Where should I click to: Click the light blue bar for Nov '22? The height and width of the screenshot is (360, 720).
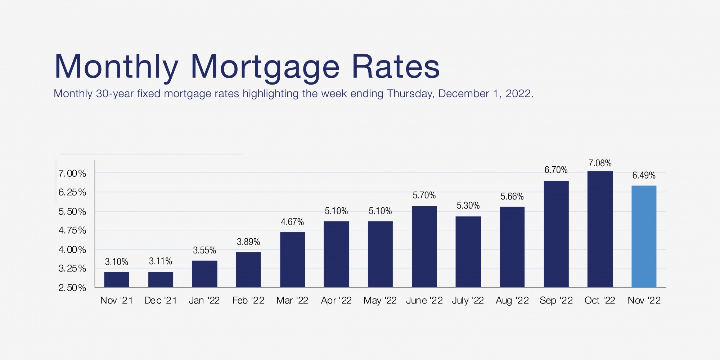(644, 237)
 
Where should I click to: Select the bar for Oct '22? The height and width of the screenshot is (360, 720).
(600, 229)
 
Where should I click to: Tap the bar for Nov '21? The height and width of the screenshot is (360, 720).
(117, 280)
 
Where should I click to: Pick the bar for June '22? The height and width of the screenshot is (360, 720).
(424, 247)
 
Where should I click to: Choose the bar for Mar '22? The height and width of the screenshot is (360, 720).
(292, 260)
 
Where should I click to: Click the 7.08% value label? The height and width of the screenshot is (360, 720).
(600, 163)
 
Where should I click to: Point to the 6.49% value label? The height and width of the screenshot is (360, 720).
(644, 176)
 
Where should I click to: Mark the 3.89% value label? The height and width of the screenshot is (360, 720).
(248, 242)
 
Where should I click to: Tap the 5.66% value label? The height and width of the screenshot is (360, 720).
(512, 197)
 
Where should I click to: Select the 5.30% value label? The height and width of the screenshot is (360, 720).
(468, 206)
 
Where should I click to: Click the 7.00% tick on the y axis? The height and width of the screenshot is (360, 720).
(72, 174)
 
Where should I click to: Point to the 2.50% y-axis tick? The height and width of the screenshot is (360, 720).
(72, 288)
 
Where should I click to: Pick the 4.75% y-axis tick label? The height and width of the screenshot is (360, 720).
(72, 230)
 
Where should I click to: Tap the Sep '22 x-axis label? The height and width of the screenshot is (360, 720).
(556, 301)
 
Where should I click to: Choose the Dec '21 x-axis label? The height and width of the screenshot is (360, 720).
(161, 301)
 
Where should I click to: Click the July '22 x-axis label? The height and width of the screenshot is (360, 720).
(468, 301)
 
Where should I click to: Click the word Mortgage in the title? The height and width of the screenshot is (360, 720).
(265, 67)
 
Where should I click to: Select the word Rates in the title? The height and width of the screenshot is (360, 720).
(395, 67)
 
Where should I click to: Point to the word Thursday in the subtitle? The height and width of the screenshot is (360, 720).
(410, 94)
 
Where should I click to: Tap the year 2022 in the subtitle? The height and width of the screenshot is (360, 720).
(518, 94)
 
